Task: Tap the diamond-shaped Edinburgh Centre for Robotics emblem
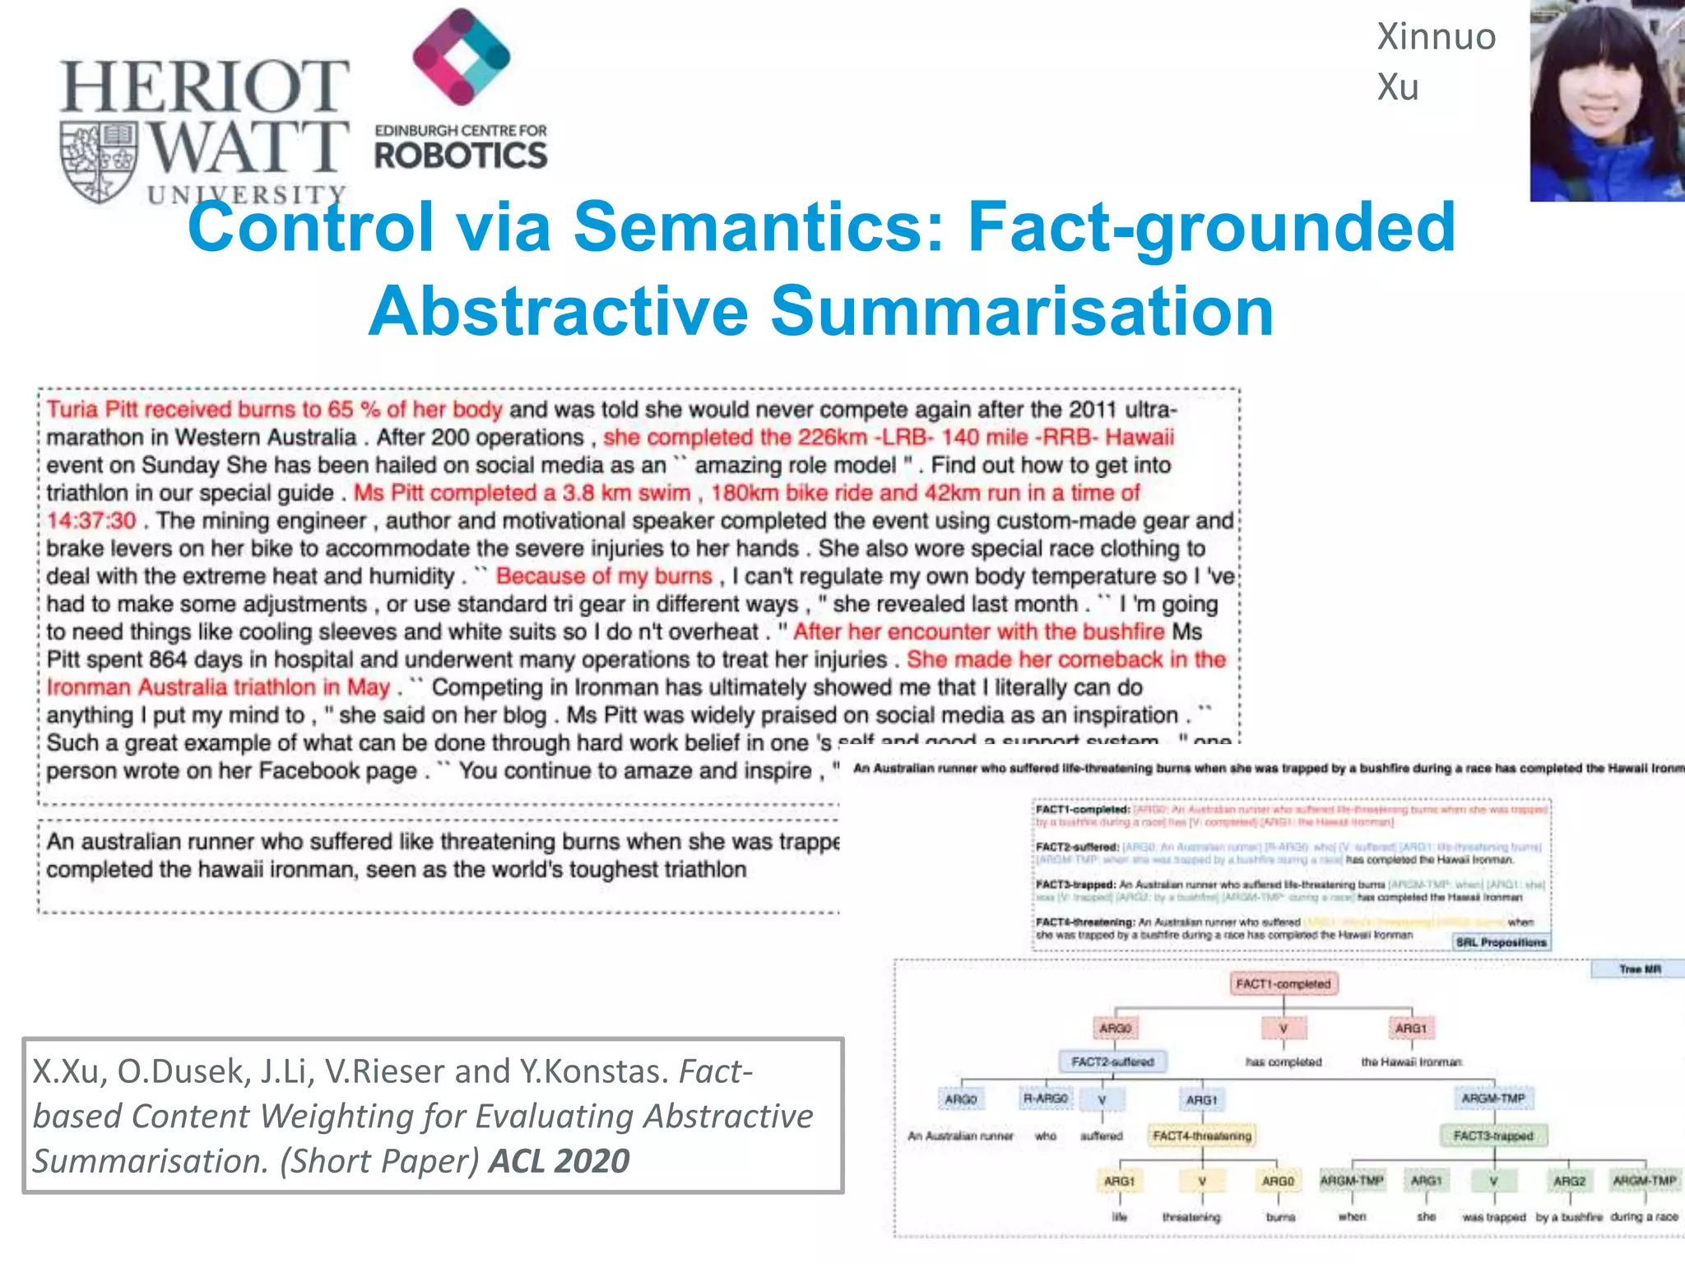click(x=461, y=57)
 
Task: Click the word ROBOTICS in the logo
click(x=461, y=156)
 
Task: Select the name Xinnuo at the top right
click(x=1436, y=37)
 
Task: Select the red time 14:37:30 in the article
click(x=91, y=521)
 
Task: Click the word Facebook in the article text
click(x=303, y=771)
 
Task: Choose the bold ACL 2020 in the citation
click(x=559, y=1161)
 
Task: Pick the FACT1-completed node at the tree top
click(x=1283, y=984)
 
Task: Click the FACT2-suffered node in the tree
click(x=1112, y=1062)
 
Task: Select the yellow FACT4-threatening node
click(x=1202, y=1136)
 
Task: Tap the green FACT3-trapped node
click(x=1493, y=1136)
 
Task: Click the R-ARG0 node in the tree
click(x=1046, y=1099)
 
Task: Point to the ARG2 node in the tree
click(x=1569, y=1182)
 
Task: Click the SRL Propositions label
click(x=1501, y=942)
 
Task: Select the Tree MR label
click(x=1640, y=969)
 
